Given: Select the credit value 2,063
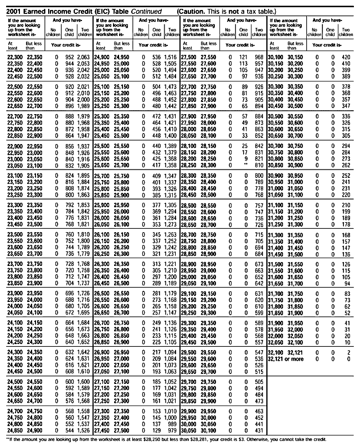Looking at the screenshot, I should tap(83, 57).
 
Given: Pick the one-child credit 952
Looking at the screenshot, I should tap(69, 57).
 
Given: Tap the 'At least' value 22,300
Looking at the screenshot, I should tap(16, 57).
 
